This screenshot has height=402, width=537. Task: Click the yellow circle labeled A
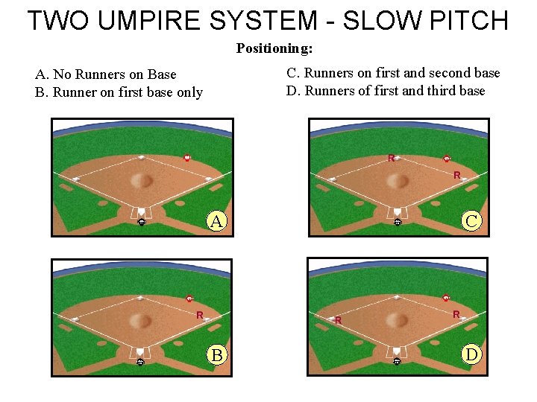(x=216, y=221)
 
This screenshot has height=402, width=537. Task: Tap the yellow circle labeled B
(x=216, y=354)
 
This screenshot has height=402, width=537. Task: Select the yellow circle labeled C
(x=471, y=221)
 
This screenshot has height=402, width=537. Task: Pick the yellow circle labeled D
(x=471, y=354)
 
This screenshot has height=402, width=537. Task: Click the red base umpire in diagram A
(x=187, y=158)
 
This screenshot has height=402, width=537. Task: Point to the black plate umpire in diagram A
(x=141, y=221)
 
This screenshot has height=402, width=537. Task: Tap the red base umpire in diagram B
(x=189, y=299)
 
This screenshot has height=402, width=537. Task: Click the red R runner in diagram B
(x=200, y=315)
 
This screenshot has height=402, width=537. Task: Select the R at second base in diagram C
(x=391, y=158)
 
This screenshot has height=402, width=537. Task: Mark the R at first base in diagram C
(x=456, y=176)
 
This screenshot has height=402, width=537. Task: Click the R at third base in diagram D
(x=338, y=321)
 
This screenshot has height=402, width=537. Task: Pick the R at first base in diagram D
(x=456, y=315)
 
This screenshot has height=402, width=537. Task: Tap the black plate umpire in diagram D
(x=397, y=361)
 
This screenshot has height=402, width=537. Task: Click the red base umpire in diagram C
(x=446, y=158)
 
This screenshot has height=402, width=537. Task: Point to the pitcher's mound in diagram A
(x=142, y=180)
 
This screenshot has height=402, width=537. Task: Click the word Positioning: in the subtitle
(x=274, y=49)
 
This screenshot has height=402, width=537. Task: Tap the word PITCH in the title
(x=468, y=20)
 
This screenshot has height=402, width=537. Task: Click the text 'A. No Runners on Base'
(x=106, y=74)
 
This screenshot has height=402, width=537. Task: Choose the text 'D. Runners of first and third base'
(x=386, y=91)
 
